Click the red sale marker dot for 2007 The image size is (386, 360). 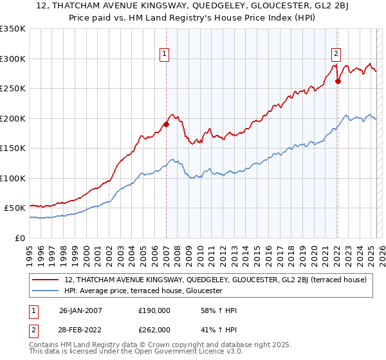point(166,125)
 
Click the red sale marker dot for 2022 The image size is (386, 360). point(338,82)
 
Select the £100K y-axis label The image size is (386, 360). point(13,178)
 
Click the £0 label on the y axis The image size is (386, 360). point(19,238)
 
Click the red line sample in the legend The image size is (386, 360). point(44,280)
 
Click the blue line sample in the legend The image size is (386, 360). point(44,291)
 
